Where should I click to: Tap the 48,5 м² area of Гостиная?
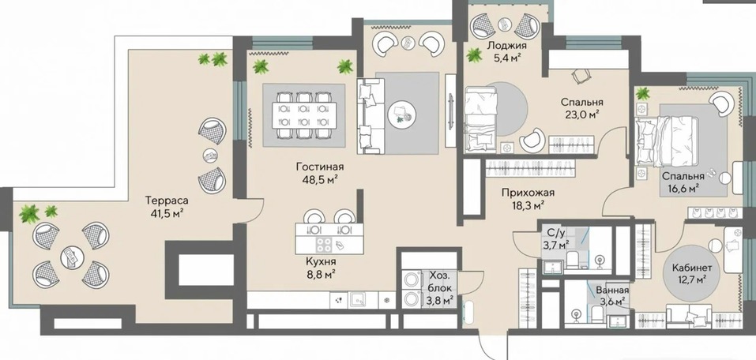pyautogui.click(x=320, y=179)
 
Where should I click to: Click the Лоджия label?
pyautogui.click(x=506, y=47)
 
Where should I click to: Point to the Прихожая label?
pyautogui.click(x=528, y=193)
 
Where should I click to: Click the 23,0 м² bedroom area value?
pyautogui.click(x=582, y=114)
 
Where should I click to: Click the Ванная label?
pyautogui.click(x=612, y=291)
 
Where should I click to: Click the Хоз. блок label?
pyautogui.click(x=441, y=283)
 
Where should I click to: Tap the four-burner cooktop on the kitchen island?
pyautogui.click(x=324, y=246)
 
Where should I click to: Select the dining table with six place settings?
pyautogui.click(x=304, y=115)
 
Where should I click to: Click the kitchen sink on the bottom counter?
pyautogui.click(x=359, y=299)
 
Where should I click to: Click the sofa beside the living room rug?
pyautogui.click(x=370, y=116)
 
